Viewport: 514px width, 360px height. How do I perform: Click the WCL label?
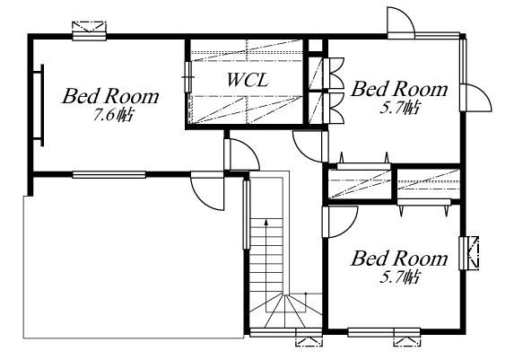point(247,81)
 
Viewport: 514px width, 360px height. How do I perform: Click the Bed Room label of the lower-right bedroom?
point(398,259)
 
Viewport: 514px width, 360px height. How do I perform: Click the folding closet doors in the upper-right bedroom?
point(335,92)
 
